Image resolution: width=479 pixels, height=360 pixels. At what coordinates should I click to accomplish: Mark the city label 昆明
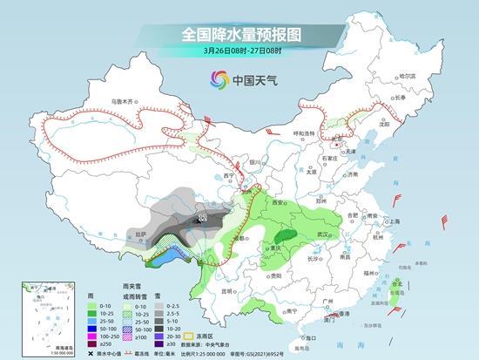[x=228, y=290]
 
